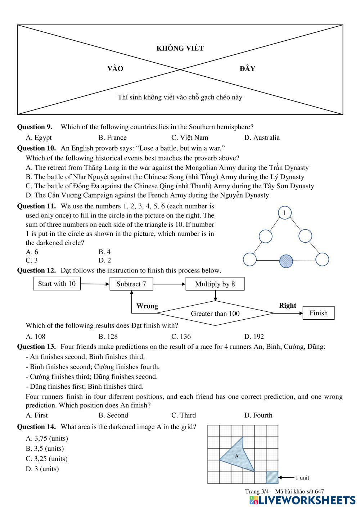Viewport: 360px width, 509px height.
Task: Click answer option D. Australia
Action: click(x=262, y=138)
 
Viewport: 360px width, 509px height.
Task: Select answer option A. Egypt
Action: click(x=39, y=138)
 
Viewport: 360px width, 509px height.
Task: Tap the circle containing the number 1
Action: click(x=285, y=213)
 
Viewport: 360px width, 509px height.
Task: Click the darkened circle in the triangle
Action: click(x=286, y=261)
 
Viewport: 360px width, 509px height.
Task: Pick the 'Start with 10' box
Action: click(x=57, y=284)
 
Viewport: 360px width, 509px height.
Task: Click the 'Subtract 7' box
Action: click(x=131, y=284)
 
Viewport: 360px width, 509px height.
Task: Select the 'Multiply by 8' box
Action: click(x=215, y=284)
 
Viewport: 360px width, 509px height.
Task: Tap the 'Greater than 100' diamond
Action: click(x=215, y=314)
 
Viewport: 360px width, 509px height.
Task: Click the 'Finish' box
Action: click(x=319, y=313)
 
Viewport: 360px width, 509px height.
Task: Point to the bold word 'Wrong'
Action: click(x=147, y=306)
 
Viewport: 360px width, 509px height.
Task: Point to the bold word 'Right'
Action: click(x=287, y=306)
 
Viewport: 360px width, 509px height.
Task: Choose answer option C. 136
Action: click(x=181, y=337)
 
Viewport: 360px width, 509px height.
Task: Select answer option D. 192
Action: click(x=254, y=337)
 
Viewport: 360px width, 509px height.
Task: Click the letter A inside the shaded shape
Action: click(x=237, y=456)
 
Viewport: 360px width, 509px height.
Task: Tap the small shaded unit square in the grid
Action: click(x=272, y=477)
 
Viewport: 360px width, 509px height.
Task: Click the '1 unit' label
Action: click(x=302, y=478)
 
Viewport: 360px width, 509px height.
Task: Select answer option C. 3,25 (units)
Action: click(x=47, y=459)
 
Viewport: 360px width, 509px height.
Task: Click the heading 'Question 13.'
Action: click(x=37, y=347)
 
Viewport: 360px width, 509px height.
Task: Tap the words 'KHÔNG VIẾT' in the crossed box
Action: click(x=180, y=48)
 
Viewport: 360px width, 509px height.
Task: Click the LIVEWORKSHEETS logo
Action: click(x=302, y=500)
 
